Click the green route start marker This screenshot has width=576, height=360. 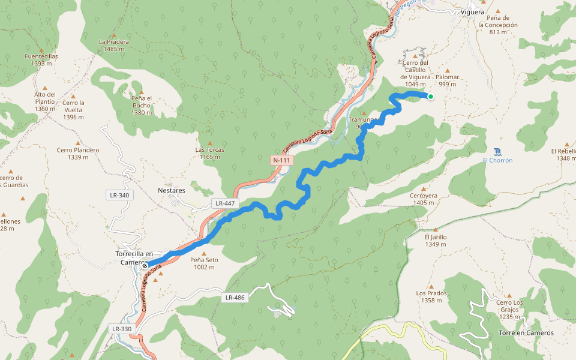click(430, 96)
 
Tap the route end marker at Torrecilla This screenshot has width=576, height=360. click(145, 264)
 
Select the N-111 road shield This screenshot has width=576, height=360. click(282, 160)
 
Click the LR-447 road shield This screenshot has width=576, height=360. click(225, 203)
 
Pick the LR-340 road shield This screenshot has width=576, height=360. click(119, 195)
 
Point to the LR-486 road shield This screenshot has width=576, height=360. click(235, 298)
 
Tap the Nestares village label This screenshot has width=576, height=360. click(172, 190)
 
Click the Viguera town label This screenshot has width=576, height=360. click(473, 12)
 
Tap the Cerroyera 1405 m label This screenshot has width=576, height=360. click(424, 199)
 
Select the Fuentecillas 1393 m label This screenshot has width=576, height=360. click(41, 59)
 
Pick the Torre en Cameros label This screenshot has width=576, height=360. click(526, 332)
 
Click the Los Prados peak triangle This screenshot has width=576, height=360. click(431, 286)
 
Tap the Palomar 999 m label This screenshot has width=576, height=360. click(447, 80)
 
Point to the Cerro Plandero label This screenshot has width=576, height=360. click(78, 154)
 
